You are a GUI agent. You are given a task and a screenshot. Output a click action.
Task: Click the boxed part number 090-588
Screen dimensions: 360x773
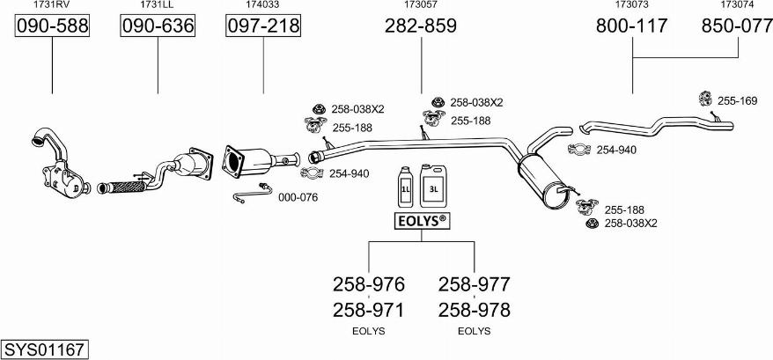pos(53,27)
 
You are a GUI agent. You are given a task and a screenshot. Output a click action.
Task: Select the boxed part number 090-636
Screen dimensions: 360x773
pos(158,27)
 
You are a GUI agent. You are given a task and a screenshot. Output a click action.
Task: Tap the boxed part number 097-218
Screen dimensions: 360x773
pos(263,27)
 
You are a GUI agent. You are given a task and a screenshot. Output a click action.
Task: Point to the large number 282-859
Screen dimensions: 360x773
pos(420,27)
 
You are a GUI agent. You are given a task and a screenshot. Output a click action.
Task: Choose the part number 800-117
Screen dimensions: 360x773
pos(632,27)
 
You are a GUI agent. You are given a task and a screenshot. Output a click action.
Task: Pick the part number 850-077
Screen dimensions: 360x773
pos(737,27)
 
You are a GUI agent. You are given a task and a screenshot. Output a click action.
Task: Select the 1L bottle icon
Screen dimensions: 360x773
pos(406,187)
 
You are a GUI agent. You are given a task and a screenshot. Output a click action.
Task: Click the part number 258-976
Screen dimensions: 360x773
pos(368,284)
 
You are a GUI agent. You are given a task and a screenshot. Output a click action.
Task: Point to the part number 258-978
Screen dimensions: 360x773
pos(474,310)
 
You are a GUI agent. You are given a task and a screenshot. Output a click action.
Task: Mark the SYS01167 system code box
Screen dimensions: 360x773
pos(44,349)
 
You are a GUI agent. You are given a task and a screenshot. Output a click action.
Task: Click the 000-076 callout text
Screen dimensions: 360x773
pos(298,197)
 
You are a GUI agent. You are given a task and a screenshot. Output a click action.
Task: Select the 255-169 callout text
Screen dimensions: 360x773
pos(737,101)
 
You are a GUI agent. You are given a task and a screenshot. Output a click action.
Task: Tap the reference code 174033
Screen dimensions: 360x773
pos(263,5)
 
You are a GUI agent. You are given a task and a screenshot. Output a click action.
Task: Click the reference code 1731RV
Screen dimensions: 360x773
pos(52,5)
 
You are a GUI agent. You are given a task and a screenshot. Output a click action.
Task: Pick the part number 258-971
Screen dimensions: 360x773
pos(368,310)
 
